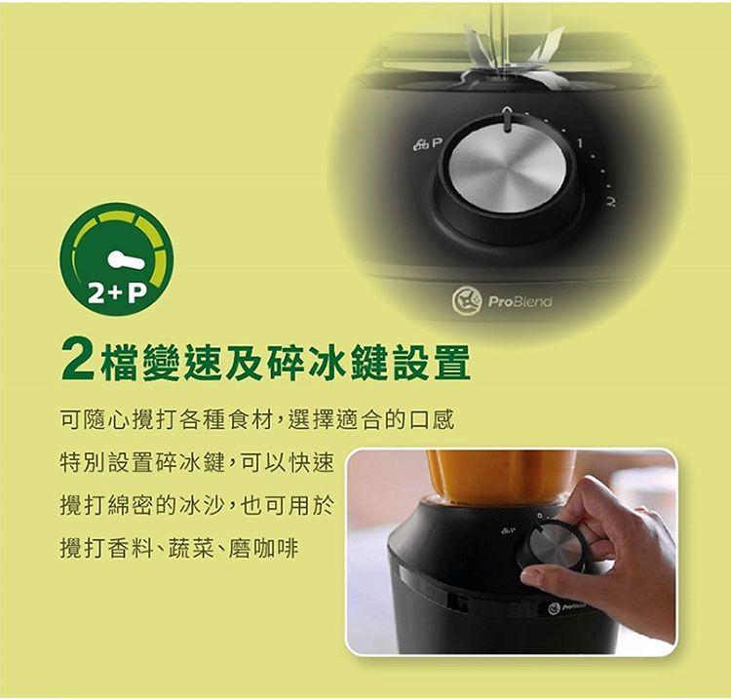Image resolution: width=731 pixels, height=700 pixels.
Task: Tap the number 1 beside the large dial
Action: [x=580, y=143]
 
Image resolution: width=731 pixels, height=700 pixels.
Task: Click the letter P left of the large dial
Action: [x=436, y=142]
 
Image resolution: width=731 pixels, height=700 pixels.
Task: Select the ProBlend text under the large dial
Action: [x=519, y=301]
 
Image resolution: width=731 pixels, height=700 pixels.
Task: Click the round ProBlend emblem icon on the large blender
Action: [x=467, y=301]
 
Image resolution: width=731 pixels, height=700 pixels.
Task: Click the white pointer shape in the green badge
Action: [x=126, y=260]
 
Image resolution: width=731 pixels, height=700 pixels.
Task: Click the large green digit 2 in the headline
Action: [x=78, y=362]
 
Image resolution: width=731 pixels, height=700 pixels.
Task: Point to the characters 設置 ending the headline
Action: [x=431, y=363]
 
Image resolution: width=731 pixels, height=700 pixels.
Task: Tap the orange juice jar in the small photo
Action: [x=501, y=477]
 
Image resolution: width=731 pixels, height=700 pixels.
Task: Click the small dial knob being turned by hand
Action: [x=554, y=546]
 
